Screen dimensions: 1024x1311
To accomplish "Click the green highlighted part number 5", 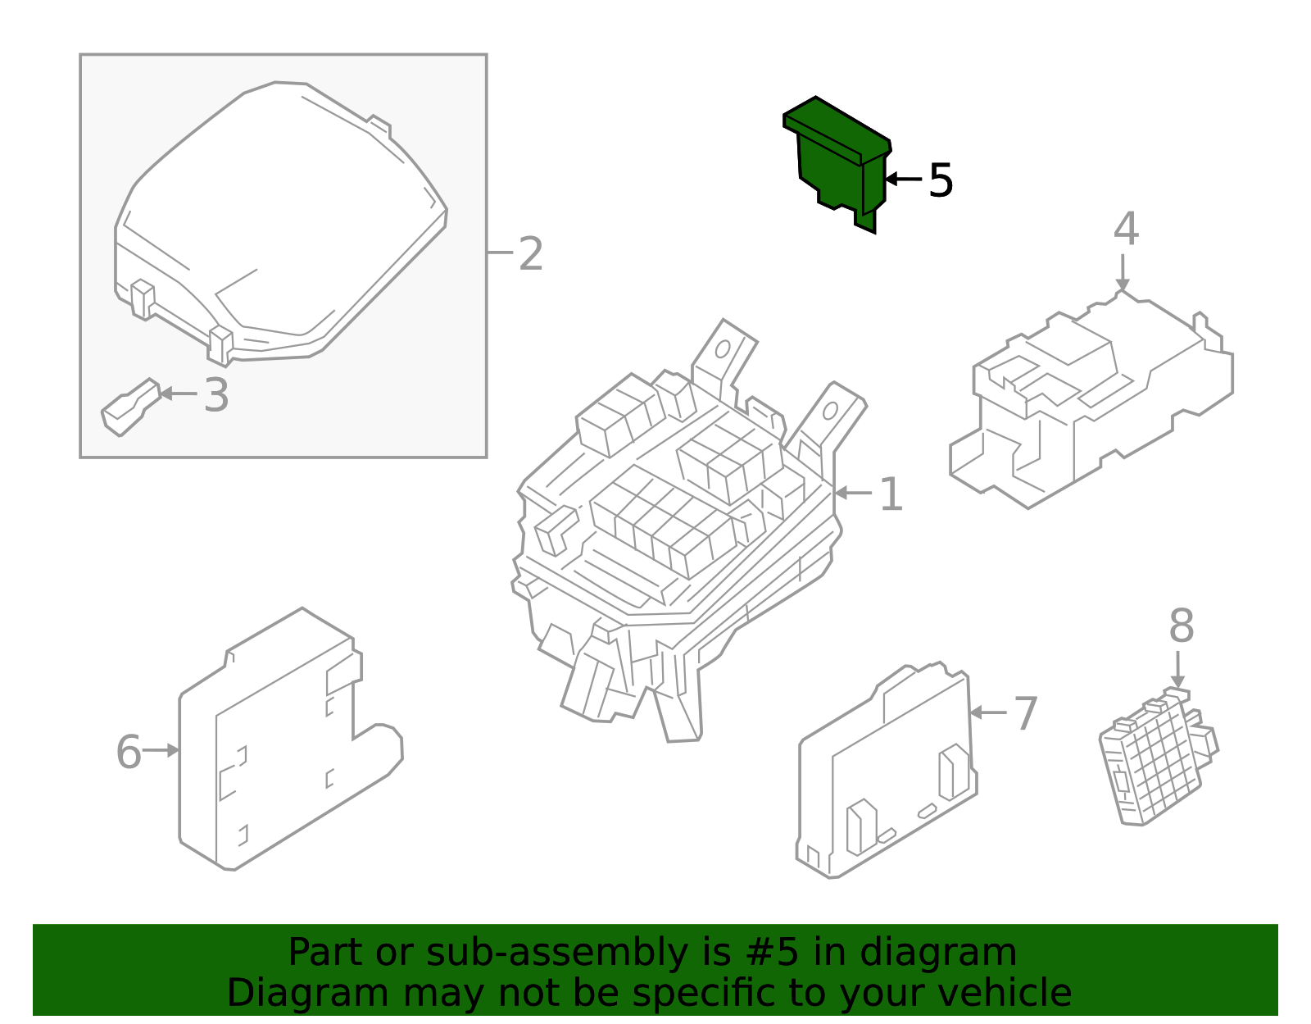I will [836, 160].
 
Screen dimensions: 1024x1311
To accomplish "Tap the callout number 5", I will [941, 180].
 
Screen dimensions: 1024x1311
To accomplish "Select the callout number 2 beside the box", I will [531, 254].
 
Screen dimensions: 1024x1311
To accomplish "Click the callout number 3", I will [216, 395].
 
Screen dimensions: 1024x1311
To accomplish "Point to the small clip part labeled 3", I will [129, 407].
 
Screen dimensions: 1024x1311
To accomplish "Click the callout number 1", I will [891, 494].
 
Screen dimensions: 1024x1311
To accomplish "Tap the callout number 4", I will [1126, 230].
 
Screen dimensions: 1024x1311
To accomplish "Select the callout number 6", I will [129, 752].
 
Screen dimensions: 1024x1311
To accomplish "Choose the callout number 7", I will [1026, 713].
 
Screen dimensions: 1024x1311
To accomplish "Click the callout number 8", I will [1181, 626].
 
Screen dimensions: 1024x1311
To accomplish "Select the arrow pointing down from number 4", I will [1123, 271].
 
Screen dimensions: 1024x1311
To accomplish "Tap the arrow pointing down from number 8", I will [1177, 670].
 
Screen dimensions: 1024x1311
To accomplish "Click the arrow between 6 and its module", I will [161, 750].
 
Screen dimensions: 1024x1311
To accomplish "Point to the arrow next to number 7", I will [987, 712].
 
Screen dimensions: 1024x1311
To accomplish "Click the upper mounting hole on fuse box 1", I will [723, 349].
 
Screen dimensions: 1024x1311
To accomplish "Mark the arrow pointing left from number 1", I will [853, 493].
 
